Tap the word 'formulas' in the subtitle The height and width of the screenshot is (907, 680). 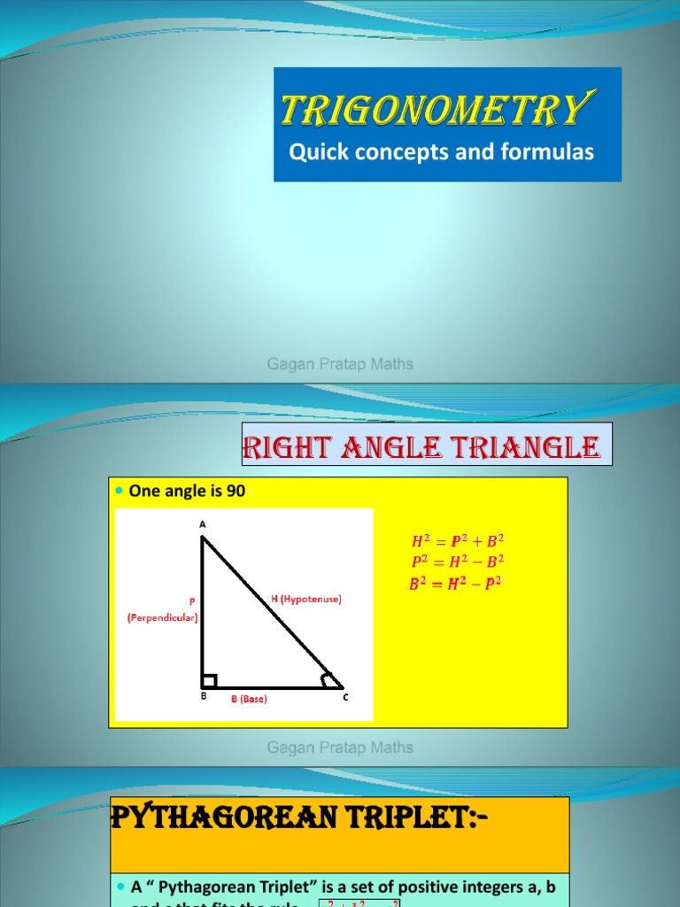tap(549, 152)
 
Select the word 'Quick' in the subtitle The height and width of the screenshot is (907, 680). tap(316, 152)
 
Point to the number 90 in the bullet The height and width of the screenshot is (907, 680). tap(236, 491)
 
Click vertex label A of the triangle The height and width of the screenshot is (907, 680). tap(202, 524)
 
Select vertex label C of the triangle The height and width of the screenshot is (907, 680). tap(346, 698)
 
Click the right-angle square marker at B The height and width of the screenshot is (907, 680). tap(210, 680)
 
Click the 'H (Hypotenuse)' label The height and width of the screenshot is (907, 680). tap(305, 600)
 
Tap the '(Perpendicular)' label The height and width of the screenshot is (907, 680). tap(162, 617)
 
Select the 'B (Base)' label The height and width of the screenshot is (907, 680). tap(249, 699)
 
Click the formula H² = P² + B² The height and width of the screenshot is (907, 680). tap(458, 541)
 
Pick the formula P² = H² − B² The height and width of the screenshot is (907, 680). tap(458, 562)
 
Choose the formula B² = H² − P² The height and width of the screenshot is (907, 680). tap(454, 583)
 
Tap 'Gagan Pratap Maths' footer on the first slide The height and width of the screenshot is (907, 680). tap(340, 364)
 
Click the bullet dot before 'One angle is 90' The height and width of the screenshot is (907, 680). tap(120, 492)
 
